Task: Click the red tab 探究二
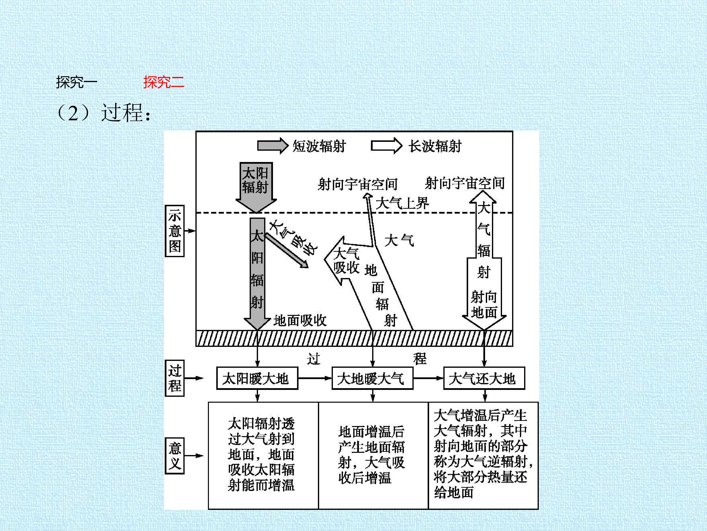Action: [x=164, y=82]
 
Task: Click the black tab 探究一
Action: [x=77, y=82]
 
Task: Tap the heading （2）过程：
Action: [x=103, y=113]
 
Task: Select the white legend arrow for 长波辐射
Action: [x=386, y=146]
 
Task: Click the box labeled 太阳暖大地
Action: [x=257, y=378]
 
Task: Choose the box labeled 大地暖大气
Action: [x=372, y=378]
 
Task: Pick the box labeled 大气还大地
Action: [x=484, y=378]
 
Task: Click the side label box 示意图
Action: [x=175, y=231]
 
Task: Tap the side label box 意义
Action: [x=175, y=456]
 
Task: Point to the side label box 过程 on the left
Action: [x=175, y=378]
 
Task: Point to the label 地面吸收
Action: [x=300, y=320]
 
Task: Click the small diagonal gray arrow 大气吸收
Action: [x=287, y=250]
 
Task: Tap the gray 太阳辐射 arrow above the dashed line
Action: [x=256, y=188]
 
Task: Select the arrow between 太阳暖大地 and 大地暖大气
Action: [x=315, y=378]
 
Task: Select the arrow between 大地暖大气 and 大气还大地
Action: [x=428, y=378]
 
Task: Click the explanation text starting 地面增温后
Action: [x=371, y=455]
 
